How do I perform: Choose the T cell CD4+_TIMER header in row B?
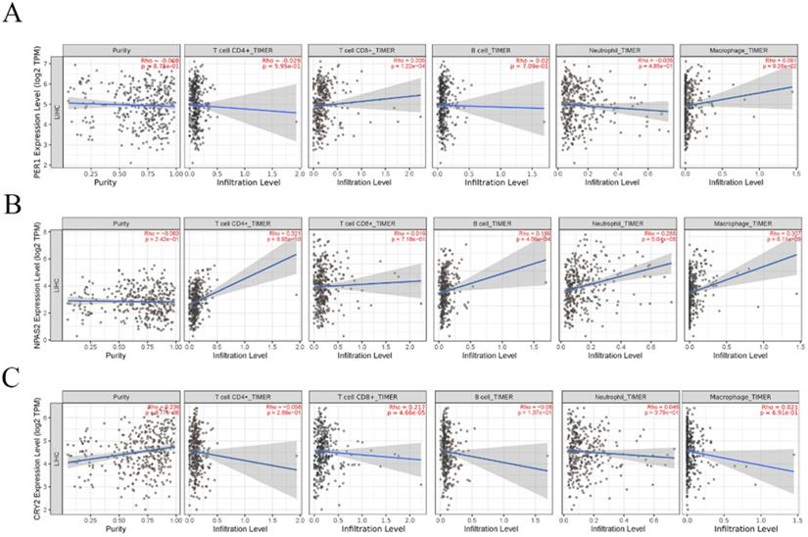[243, 221]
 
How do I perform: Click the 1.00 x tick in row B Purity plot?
[172, 346]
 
